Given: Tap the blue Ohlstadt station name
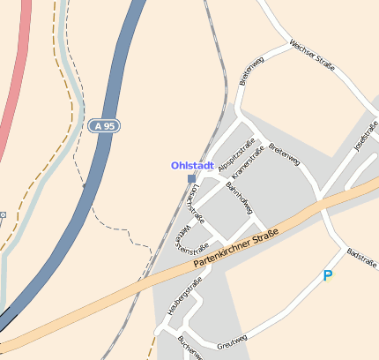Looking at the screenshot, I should click(192, 165).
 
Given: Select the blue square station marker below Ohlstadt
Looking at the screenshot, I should click(192, 178).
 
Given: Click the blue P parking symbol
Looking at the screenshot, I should click(328, 276).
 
